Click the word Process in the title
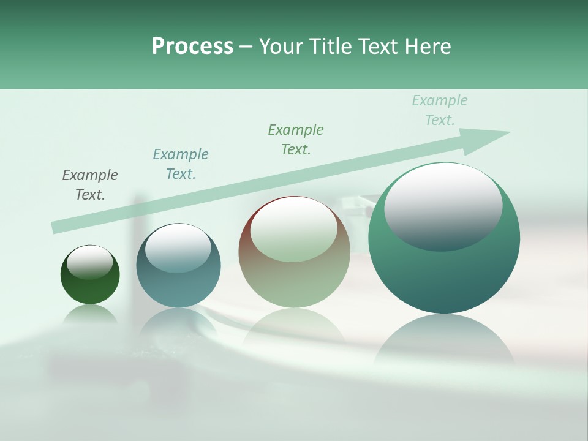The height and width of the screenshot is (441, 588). click(192, 47)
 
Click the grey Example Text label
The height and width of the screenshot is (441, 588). click(90, 185)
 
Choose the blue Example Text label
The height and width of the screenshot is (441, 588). click(181, 164)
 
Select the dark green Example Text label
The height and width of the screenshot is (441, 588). click(296, 140)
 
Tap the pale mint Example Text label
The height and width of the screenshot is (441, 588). click(440, 110)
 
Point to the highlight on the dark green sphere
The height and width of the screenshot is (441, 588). click(90, 262)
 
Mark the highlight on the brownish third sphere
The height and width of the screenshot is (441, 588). click(293, 230)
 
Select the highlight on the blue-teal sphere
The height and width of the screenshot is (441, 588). click(178, 247)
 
